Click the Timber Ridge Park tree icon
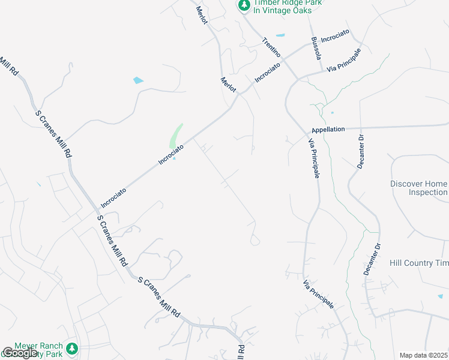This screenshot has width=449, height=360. [244, 5]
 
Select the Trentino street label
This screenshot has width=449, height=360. [272, 47]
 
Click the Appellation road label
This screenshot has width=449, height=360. [328, 129]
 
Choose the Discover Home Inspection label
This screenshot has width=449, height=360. [419, 188]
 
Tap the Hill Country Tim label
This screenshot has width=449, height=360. [419, 263]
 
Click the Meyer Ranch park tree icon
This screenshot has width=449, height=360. [72, 348]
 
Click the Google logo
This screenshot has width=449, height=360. [20, 353]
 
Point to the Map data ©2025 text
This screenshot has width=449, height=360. [423, 355]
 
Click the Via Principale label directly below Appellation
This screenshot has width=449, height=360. [313, 158]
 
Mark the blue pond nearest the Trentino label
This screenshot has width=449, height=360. [280, 35]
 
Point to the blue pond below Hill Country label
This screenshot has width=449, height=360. [440, 295]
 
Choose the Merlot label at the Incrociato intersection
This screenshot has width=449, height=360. [229, 85]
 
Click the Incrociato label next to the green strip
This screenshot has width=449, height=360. [170, 153]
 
